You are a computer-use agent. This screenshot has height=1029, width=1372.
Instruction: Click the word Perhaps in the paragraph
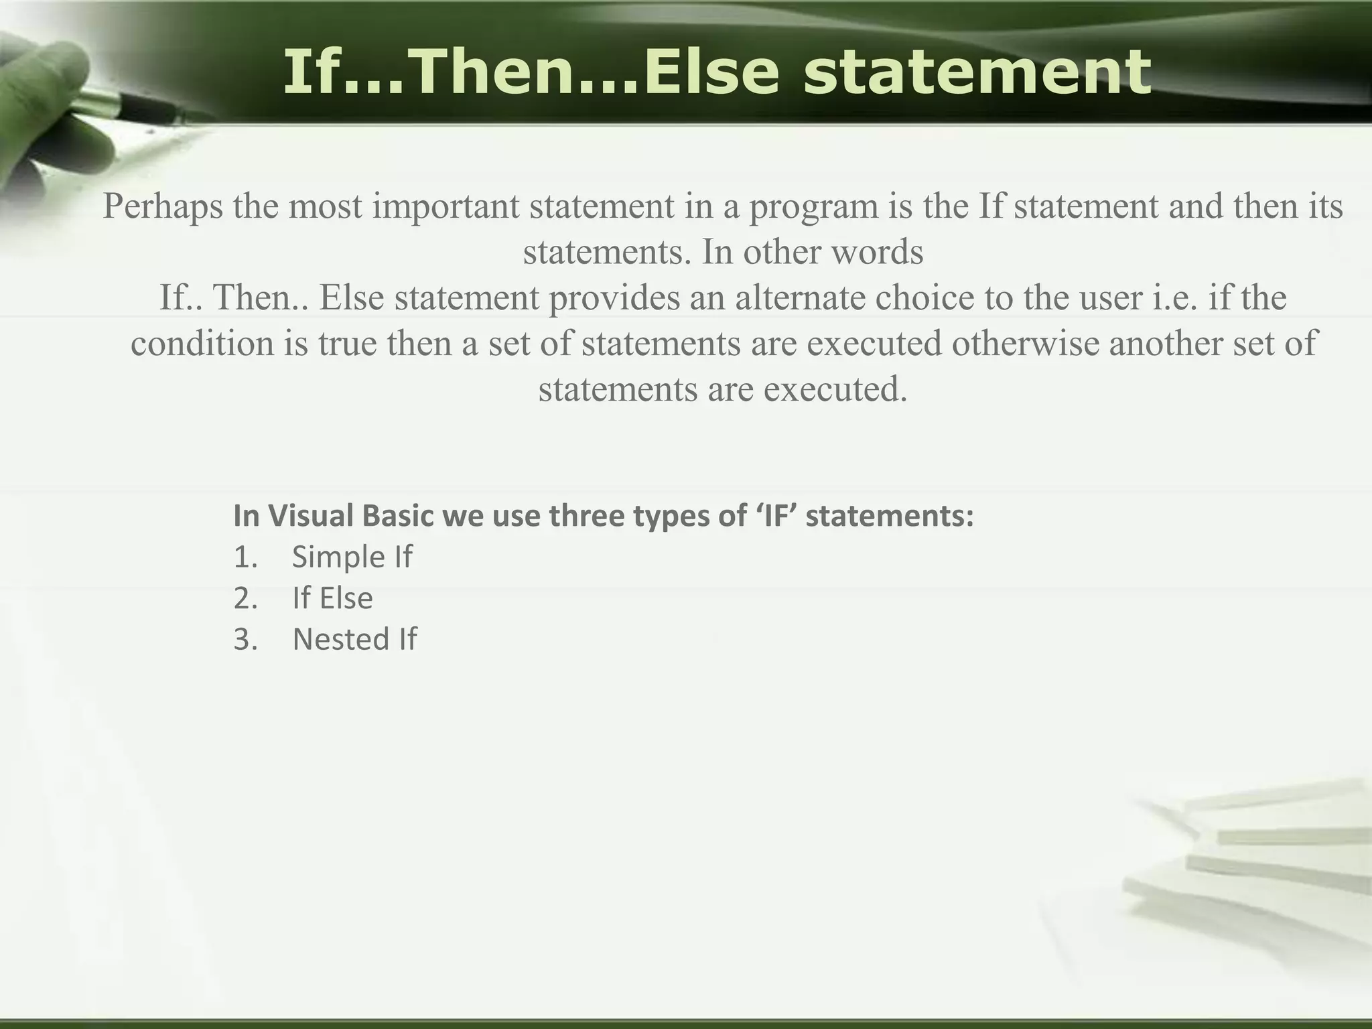coord(162,206)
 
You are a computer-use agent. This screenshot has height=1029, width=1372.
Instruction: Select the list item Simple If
coord(352,557)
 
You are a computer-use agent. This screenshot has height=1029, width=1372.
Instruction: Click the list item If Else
coord(332,598)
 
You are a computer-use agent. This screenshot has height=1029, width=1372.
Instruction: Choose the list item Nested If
coord(354,639)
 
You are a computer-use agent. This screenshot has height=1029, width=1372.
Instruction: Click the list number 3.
coord(245,639)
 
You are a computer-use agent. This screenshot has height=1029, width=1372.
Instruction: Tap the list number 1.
coord(245,557)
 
